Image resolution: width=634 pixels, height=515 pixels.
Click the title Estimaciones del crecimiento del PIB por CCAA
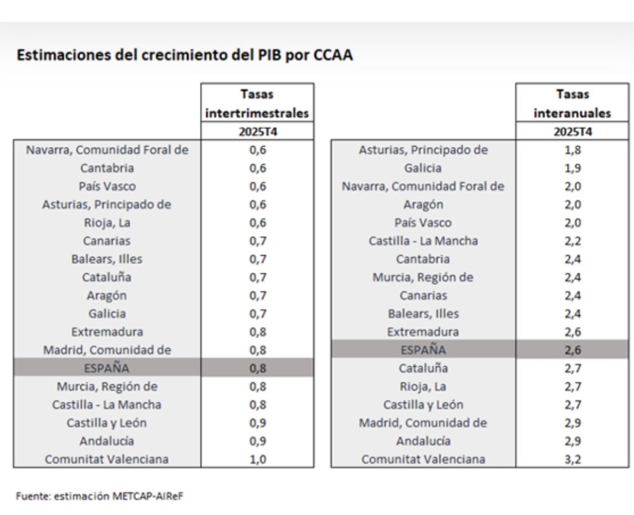(185, 56)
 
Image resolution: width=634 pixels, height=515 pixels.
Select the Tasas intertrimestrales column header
(257, 104)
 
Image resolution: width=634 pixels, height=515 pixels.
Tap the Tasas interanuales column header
(572, 104)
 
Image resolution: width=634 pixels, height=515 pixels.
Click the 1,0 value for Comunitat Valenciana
(258, 459)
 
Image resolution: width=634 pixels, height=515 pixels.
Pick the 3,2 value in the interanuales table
(573, 459)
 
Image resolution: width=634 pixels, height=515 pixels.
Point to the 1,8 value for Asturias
(573, 150)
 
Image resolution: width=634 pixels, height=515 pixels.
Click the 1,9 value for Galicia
(573, 168)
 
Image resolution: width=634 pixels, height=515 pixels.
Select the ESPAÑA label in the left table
(107, 368)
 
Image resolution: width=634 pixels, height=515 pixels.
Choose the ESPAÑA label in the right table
(423, 350)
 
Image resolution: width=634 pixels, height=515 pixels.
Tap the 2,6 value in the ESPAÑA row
(573, 350)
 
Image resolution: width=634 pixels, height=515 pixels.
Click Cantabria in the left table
(107, 168)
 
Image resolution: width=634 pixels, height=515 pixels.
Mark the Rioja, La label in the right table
(423, 386)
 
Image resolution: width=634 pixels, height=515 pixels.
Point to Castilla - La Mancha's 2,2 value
(573, 241)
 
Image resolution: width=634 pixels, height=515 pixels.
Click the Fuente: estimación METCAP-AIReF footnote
(99, 496)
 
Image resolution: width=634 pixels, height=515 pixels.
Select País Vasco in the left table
(107, 186)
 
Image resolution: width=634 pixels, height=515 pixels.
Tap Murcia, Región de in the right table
(423, 277)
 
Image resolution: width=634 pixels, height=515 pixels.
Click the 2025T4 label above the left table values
(258, 132)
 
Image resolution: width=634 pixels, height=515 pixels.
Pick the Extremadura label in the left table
(107, 332)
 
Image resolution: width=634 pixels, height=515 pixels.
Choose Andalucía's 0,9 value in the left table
(258, 441)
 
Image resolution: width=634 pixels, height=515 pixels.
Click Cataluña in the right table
(423, 368)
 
